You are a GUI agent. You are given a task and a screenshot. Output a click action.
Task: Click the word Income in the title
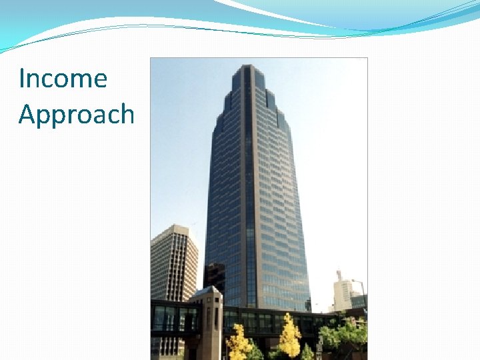pyautogui.click(x=63, y=78)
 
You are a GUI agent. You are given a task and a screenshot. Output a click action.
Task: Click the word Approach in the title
pyautogui.click(x=77, y=115)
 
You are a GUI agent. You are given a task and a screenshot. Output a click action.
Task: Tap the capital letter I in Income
pyautogui.click(x=21, y=78)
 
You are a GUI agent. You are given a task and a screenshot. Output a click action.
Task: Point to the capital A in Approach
pyautogui.click(x=27, y=113)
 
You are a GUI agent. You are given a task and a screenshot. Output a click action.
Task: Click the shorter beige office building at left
pyautogui.click(x=174, y=263)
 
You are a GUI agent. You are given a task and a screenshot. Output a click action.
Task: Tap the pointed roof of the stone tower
pyautogui.click(x=206, y=290)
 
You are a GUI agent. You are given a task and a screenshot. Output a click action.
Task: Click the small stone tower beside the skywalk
pyautogui.click(x=207, y=323)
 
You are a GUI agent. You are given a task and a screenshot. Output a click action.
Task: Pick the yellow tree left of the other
pyautogui.click(x=239, y=342)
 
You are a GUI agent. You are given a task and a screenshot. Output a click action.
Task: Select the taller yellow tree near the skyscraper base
pyautogui.click(x=289, y=335)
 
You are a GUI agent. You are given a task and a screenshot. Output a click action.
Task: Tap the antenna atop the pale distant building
pyautogui.click(x=339, y=274)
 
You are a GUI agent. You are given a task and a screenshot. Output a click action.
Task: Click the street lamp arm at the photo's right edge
pyautogui.click(x=359, y=282)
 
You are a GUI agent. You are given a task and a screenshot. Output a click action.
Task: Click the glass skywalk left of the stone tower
pyautogui.click(x=173, y=319)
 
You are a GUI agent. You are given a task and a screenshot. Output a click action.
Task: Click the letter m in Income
pyautogui.click(x=81, y=80)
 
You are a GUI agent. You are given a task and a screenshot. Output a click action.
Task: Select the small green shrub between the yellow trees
pyautogui.click(x=307, y=352)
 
